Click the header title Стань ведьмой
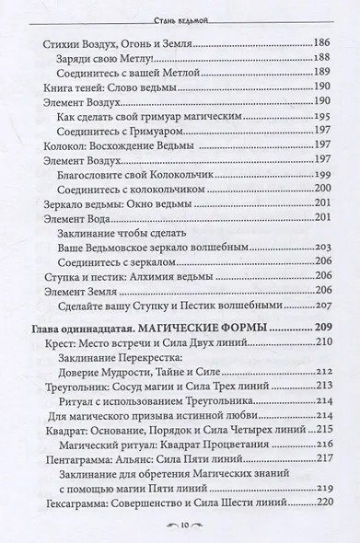click(180, 11)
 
